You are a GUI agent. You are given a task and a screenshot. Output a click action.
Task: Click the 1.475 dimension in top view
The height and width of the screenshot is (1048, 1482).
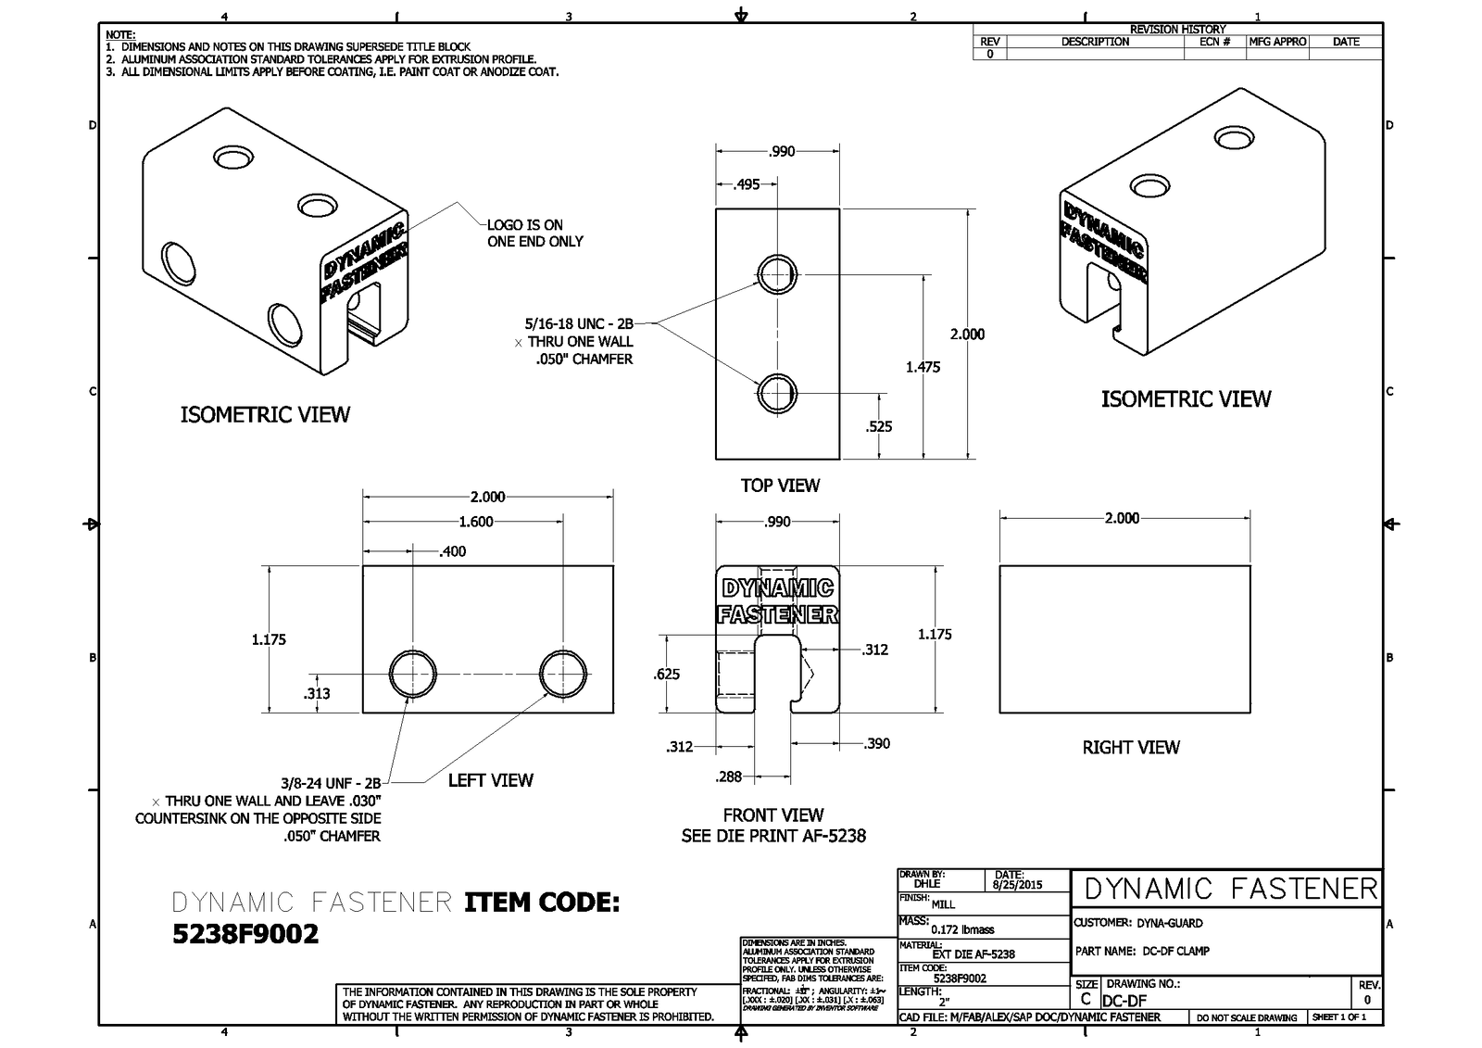pyautogui.click(x=923, y=367)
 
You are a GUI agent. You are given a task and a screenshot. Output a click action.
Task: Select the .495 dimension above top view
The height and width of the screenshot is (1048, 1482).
pyautogui.click(x=747, y=184)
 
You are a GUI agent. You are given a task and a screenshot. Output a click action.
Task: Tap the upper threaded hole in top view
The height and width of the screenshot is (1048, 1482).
pyautogui.click(x=777, y=273)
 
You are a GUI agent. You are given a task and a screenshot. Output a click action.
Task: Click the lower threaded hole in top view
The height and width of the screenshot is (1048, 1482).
pyautogui.click(x=777, y=393)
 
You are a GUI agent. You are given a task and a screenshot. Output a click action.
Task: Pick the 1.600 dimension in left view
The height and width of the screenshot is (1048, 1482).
pyautogui.click(x=476, y=522)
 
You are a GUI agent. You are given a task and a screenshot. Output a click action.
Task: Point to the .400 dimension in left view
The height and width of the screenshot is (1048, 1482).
pyautogui.click(x=452, y=551)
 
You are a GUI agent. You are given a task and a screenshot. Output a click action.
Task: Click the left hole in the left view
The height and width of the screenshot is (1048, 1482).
pyautogui.click(x=413, y=673)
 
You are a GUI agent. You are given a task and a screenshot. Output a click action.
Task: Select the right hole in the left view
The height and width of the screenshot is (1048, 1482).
pyautogui.click(x=563, y=673)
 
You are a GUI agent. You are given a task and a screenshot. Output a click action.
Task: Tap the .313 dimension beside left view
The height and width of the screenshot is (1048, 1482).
pyautogui.click(x=317, y=693)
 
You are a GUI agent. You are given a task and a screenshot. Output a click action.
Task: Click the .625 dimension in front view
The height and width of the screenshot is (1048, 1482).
pyautogui.click(x=666, y=674)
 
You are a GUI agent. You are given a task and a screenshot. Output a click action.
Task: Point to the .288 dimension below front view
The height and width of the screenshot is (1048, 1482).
pyautogui.click(x=729, y=777)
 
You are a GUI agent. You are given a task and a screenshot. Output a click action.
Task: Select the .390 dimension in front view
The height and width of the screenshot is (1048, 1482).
pyautogui.click(x=876, y=743)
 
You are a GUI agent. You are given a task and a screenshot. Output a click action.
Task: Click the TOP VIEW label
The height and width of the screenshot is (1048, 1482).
pyautogui.click(x=780, y=486)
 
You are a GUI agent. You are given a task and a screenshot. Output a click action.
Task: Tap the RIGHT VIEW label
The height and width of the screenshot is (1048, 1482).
pyautogui.click(x=1131, y=747)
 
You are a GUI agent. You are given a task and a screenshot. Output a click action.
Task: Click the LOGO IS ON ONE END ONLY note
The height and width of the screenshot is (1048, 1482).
pyautogui.click(x=535, y=233)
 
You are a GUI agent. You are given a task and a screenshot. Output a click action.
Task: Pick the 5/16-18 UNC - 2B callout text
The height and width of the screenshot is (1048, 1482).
pyautogui.click(x=579, y=324)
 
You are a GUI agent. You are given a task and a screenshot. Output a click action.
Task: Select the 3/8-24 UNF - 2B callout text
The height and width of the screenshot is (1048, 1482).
pyautogui.click(x=331, y=783)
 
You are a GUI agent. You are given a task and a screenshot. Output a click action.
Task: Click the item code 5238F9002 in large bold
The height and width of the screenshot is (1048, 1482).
pyautogui.click(x=245, y=934)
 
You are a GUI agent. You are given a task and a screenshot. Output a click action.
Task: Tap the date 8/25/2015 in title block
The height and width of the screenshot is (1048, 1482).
pyautogui.click(x=1017, y=885)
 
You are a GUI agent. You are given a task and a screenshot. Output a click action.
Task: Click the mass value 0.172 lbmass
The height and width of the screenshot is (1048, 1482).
pyautogui.click(x=962, y=929)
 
